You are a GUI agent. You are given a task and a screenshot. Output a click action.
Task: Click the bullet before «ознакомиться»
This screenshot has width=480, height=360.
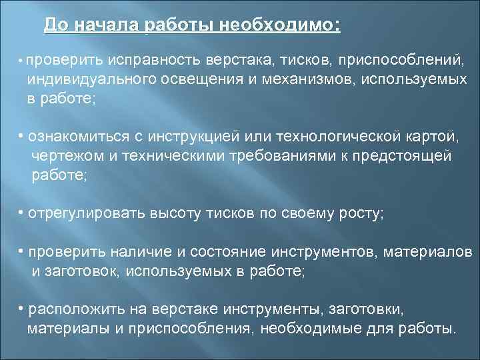(x=21, y=136)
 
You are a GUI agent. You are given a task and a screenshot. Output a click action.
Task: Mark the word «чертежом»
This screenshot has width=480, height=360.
(x=65, y=156)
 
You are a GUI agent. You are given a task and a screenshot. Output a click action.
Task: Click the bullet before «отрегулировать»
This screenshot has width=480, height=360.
(x=21, y=213)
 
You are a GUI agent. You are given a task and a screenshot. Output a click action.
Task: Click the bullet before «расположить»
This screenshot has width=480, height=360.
(x=21, y=309)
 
